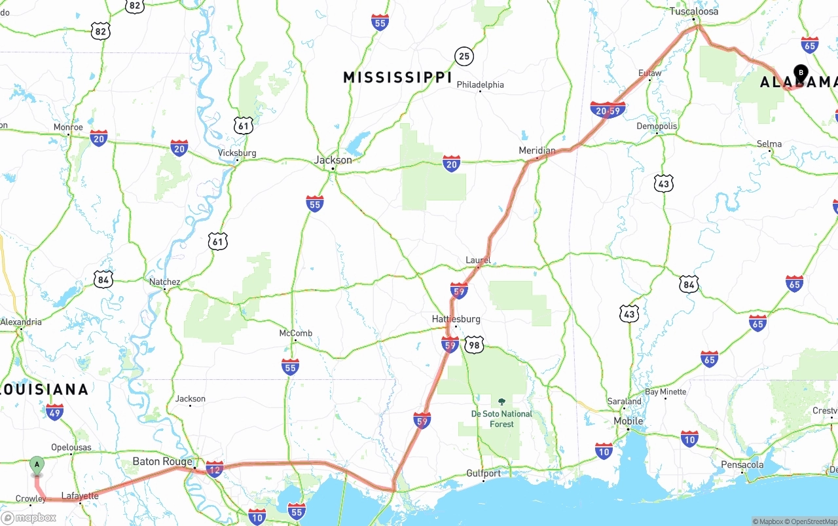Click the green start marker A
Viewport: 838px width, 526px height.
tap(37, 465)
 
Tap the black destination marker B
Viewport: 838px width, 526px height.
tap(800, 73)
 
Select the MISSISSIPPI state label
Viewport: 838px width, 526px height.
tap(397, 78)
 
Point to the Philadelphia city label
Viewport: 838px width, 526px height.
tap(480, 85)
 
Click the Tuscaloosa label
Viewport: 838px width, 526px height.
tap(693, 11)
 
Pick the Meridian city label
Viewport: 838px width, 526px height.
tap(537, 151)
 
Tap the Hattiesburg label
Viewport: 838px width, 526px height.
tap(456, 319)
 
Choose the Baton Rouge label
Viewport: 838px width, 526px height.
tap(162, 461)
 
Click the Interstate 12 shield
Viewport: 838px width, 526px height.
tap(214, 468)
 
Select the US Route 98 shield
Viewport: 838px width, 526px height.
tap(474, 345)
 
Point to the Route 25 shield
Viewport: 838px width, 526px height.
tap(464, 56)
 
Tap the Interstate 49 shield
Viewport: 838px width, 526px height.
tap(55, 412)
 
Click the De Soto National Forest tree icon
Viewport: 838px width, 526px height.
tap(501, 402)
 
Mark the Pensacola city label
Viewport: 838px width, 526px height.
tap(742, 464)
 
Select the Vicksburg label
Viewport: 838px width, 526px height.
tap(236, 153)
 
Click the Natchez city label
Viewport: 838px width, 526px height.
tap(164, 282)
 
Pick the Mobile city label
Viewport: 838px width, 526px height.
tap(628, 421)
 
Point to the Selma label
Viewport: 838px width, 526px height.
tap(769, 144)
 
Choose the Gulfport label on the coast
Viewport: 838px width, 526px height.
tap(483, 473)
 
